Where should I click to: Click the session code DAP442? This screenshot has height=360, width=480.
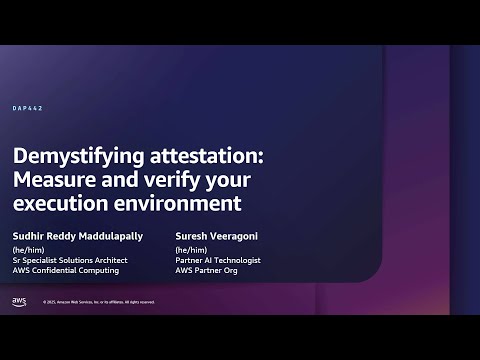click(27, 108)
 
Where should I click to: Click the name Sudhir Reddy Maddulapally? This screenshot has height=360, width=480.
click(78, 236)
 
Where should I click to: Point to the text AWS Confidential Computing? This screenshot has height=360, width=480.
click(65, 270)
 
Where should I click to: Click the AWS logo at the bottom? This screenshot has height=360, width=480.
click(19, 301)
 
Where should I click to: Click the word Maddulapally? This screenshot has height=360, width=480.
click(114, 236)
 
